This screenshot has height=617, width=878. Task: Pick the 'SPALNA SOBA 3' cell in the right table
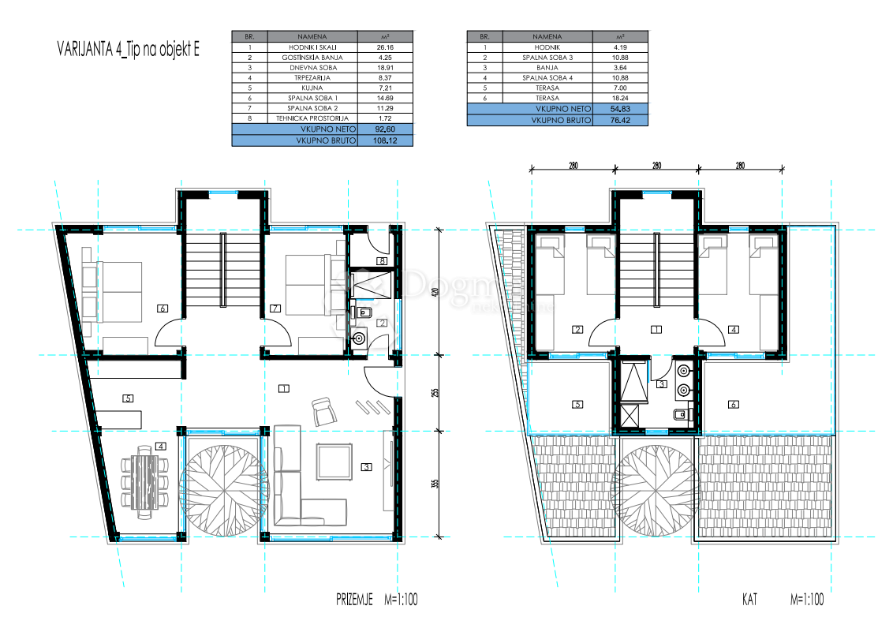click(x=547, y=58)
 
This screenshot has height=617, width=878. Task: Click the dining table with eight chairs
click(x=144, y=481)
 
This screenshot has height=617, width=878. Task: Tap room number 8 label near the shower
click(x=382, y=261)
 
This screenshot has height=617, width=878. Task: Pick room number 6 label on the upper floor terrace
click(x=734, y=405)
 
